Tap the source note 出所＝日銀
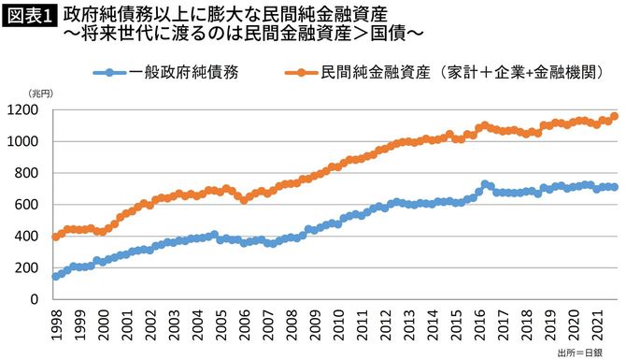[586, 352]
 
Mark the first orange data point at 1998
[55, 237]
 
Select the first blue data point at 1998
[55, 277]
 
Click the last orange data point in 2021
[614, 117]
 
